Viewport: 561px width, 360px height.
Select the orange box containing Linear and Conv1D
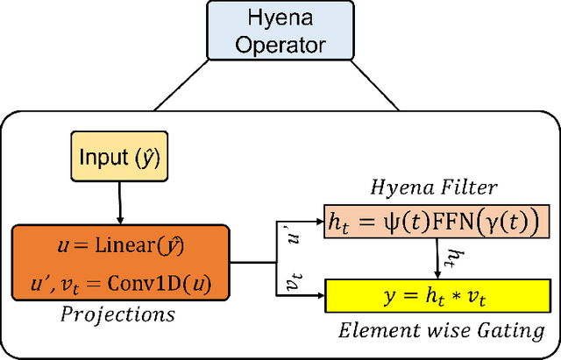pyautogui.click(x=120, y=260)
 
